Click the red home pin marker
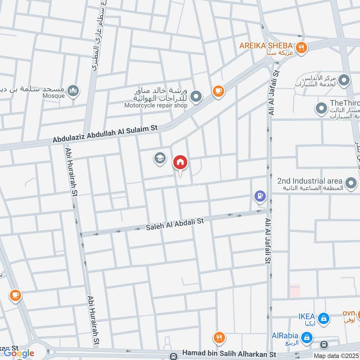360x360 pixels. (180, 162)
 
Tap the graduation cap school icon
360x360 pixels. (159, 158)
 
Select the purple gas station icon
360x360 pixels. (259, 196)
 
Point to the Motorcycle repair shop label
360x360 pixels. (155, 105)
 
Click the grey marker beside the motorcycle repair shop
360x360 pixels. (196, 96)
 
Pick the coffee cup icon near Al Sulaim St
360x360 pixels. (218, 91)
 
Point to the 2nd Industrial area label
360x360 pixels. (310, 180)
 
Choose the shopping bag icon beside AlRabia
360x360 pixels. (306, 337)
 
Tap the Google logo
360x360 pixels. (19, 353)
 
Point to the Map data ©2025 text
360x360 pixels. (336, 356)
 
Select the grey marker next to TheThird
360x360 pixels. (321, 108)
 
